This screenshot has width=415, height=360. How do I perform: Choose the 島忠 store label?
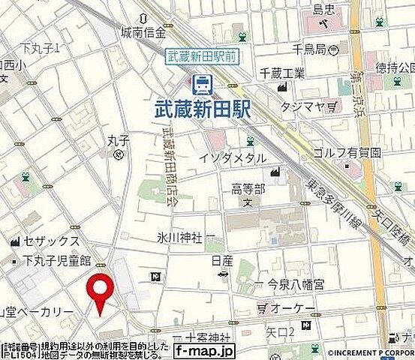323,10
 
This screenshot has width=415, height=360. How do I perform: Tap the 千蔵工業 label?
283,73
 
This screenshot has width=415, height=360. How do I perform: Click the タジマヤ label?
302,107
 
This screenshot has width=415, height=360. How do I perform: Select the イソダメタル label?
233,158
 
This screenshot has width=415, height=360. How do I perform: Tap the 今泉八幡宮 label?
298,284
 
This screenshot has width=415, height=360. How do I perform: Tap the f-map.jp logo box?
204,350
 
